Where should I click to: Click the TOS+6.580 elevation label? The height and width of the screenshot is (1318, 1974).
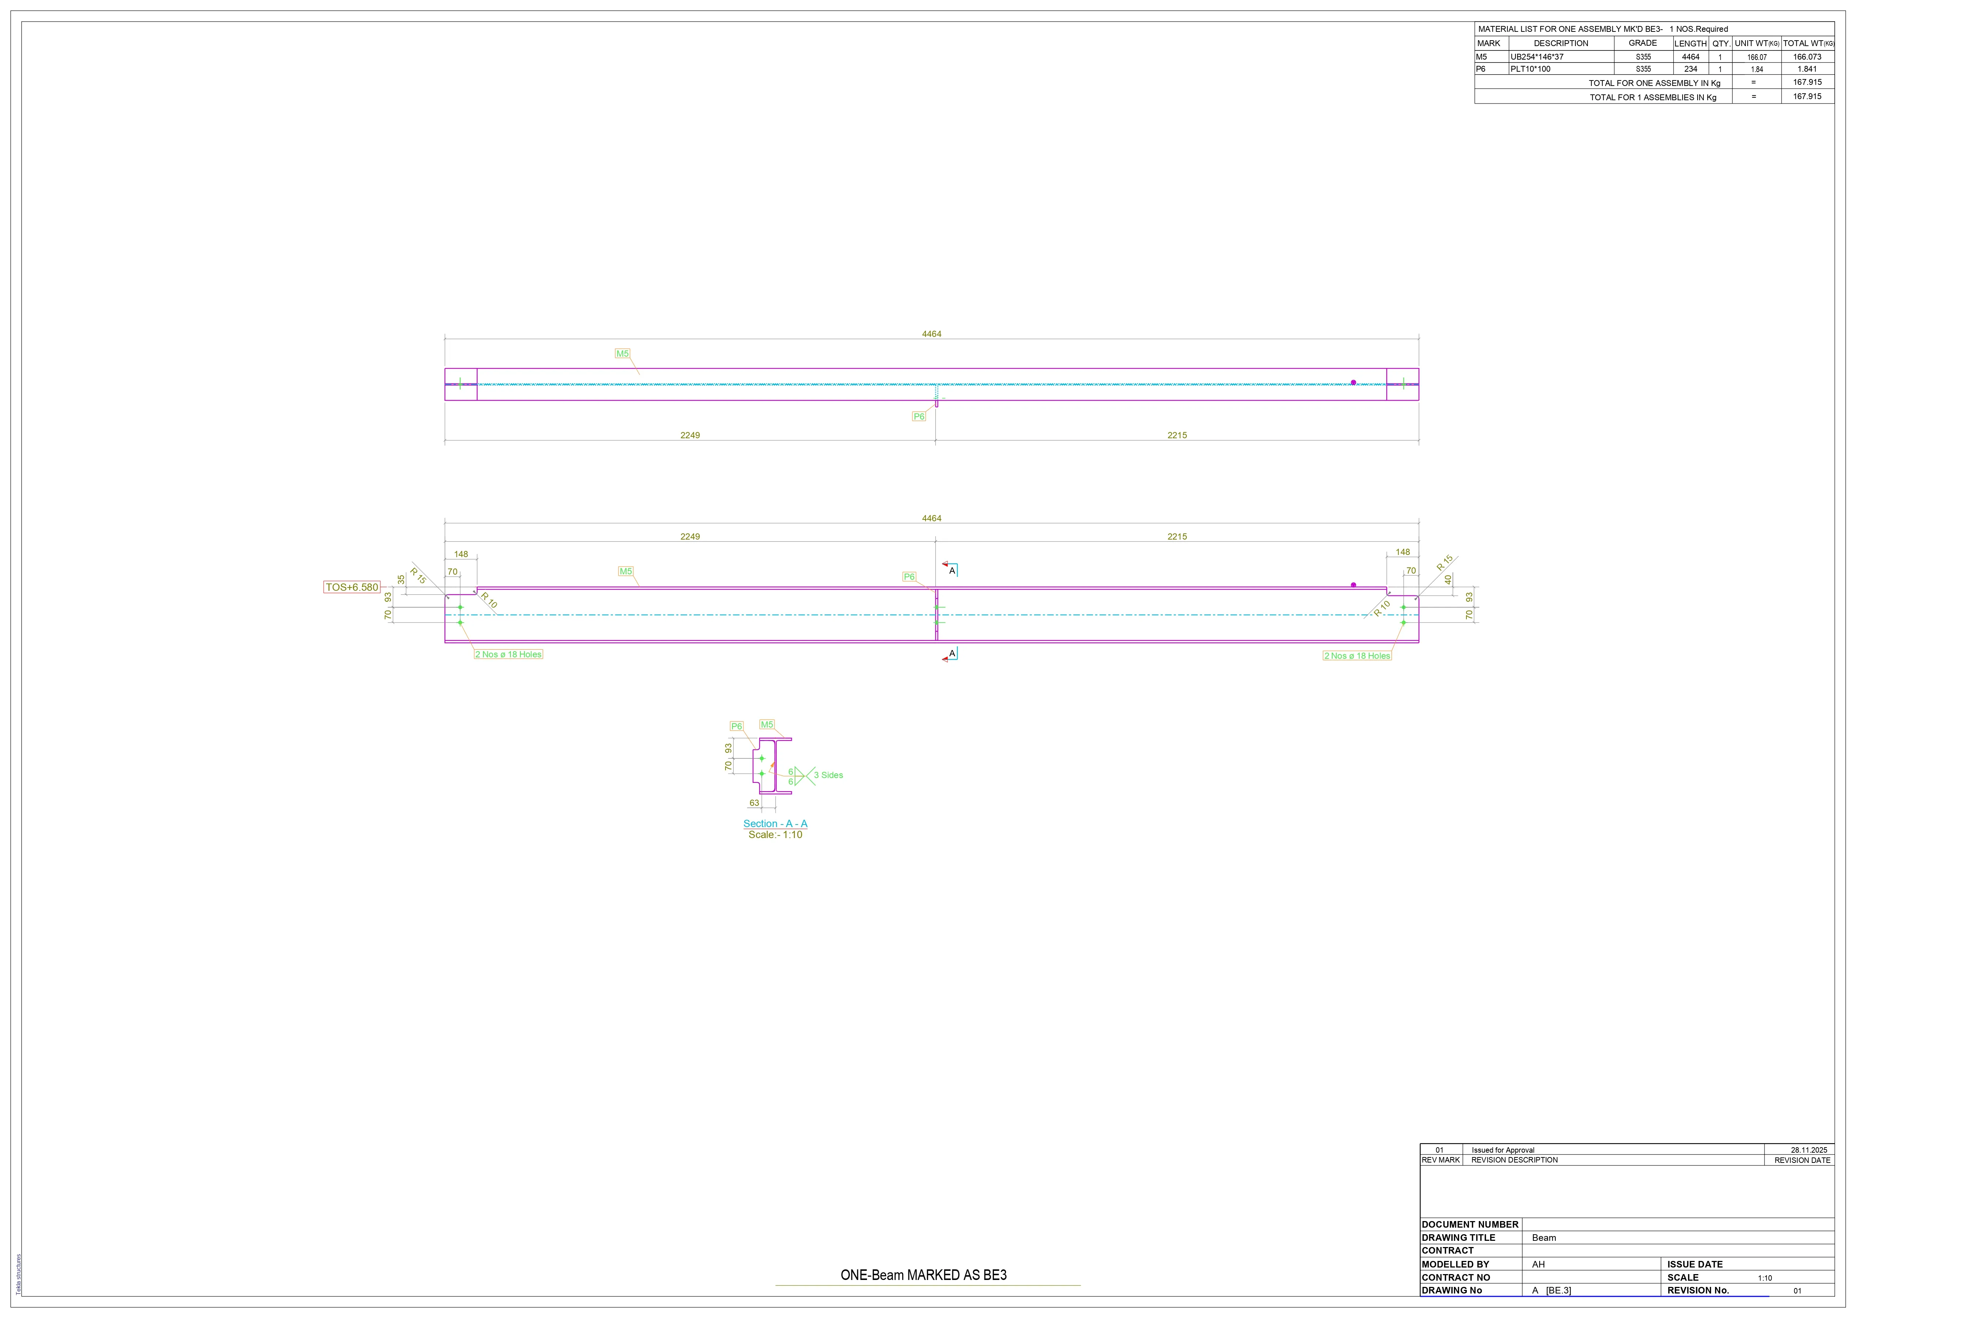pos(352,587)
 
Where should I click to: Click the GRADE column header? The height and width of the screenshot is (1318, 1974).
pos(1643,43)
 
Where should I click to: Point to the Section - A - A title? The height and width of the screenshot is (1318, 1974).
pos(775,824)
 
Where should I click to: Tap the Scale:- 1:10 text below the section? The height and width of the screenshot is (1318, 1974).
pos(775,835)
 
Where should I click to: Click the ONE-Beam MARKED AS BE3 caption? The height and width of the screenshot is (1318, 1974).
pos(924,1275)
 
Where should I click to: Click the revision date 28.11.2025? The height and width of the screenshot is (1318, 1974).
pos(1808,1150)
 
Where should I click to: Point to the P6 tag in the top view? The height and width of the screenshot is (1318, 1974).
pos(919,416)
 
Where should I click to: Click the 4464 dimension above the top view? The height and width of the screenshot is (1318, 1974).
pos(931,334)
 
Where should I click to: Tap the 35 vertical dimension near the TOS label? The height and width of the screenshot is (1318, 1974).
pos(401,580)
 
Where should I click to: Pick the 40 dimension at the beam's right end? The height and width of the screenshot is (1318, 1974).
pos(1448,580)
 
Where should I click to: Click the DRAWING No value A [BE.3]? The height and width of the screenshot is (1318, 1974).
pos(1551,1290)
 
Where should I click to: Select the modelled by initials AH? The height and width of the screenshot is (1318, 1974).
pos(1538,1264)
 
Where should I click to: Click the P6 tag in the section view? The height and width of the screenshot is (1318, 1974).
pos(736,726)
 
